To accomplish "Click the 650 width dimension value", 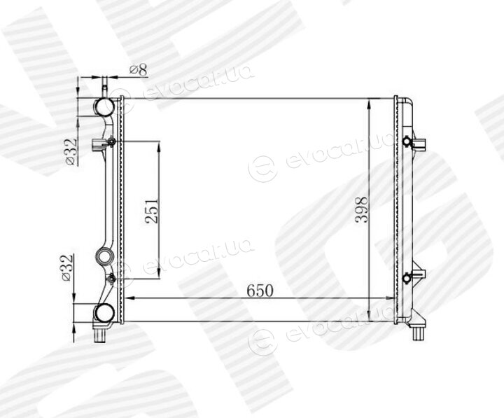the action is (x=260, y=291).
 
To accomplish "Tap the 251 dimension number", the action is (x=152, y=211).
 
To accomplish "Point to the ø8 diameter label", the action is (x=138, y=70).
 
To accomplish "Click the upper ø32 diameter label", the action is (x=71, y=151).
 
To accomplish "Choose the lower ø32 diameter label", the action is (x=66, y=268).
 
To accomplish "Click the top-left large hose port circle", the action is (x=104, y=106).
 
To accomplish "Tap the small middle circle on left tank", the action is (x=105, y=256).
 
